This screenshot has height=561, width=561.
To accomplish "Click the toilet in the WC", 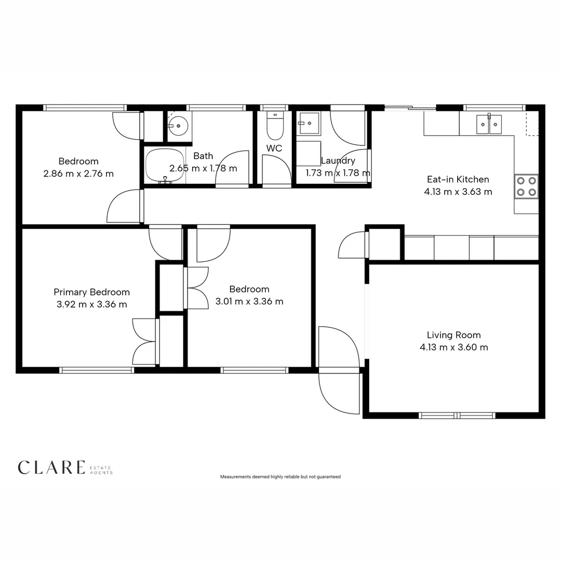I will [275, 126].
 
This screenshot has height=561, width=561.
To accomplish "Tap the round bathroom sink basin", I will [179, 125].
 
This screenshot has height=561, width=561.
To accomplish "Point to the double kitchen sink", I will [489, 124].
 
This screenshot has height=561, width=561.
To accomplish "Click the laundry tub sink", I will [309, 124].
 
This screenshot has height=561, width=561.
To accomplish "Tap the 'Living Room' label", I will [453, 335].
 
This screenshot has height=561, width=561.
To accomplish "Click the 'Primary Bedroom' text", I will [91, 292].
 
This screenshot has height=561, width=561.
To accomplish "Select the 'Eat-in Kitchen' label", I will [458, 179].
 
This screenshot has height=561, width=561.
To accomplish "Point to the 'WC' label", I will [274, 149].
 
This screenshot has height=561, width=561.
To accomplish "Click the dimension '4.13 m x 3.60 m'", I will [453, 348].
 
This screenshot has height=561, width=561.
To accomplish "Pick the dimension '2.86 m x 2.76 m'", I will [78, 173].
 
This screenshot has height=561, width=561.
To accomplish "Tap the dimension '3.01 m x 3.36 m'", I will [249, 301].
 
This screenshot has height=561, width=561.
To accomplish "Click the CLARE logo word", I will [51, 467].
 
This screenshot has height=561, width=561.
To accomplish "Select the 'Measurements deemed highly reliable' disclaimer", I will [280, 476].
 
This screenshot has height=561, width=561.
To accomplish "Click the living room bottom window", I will [457, 416].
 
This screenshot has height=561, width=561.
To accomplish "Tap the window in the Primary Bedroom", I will [97, 370].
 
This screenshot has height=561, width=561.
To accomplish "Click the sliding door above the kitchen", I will [410, 108].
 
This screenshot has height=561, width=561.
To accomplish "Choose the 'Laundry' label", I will [338, 161].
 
